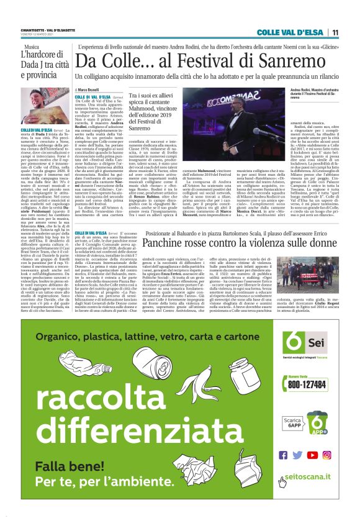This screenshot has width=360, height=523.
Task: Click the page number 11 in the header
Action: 335,32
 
